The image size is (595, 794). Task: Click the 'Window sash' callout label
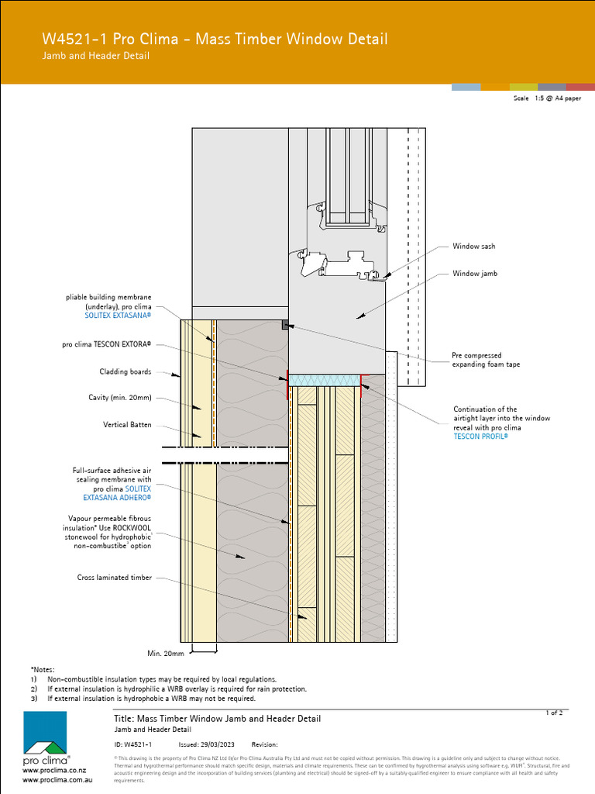pos(473,247)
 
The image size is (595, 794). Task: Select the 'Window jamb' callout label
pos(475,274)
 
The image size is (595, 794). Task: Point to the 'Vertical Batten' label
pos(127,425)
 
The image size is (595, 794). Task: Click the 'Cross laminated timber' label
pos(115,578)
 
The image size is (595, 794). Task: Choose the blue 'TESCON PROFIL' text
pos(480,437)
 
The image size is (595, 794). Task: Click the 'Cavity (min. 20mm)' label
pos(120,398)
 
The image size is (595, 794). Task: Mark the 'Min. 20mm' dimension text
pos(164,653)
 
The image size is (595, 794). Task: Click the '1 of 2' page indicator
pos(555,712)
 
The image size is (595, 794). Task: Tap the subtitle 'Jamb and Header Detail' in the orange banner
pos(95,56)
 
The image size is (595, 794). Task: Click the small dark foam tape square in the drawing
pos(285,326)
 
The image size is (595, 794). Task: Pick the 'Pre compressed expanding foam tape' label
pos(486,360)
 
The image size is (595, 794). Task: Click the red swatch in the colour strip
pos(580,87)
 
